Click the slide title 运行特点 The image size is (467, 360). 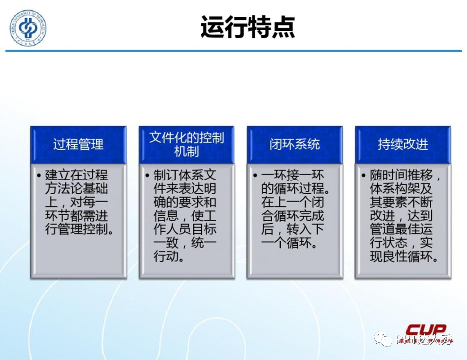pyautogui.click(x=248, y=27)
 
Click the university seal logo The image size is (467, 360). pyautogui.click(x=28, y=28)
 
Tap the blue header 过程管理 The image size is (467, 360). pyautogui.click(x=78, y=144)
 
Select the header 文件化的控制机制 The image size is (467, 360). pyautogui.click(x=187, y=144)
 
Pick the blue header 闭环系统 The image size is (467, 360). pyautogui.click(x=294, y=144)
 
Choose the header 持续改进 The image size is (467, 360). pyautogui.click(x=403, y=144)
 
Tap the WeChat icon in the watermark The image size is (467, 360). pyautogui.click(x=384, y=339)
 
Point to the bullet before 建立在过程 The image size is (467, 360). pyautogui.click(x=39, y=175)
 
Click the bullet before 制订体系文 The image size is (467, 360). pyautogui.click(x=147, y=175)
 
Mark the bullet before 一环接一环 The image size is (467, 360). pyautogui.click(x=255, y=175)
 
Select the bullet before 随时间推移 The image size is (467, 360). pyautogui.click(x=363, y=175)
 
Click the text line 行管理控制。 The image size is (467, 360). pyautogui.click(x=79, y=229)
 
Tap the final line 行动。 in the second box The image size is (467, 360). pyautogui.click(x=169, y=256)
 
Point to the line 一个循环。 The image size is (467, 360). pyautogui.click(x=289, y=243)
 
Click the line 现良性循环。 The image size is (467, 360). pyautogui.click(x=404, y=256)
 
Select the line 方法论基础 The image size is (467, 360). pyautogui.click(x=76, y=188)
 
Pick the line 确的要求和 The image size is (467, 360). pyautogui.click(x=185, y=202)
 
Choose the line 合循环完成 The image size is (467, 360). pyautogui.click(x=293, y=216)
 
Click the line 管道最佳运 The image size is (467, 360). pyautogui.click(x=401, y=229)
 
